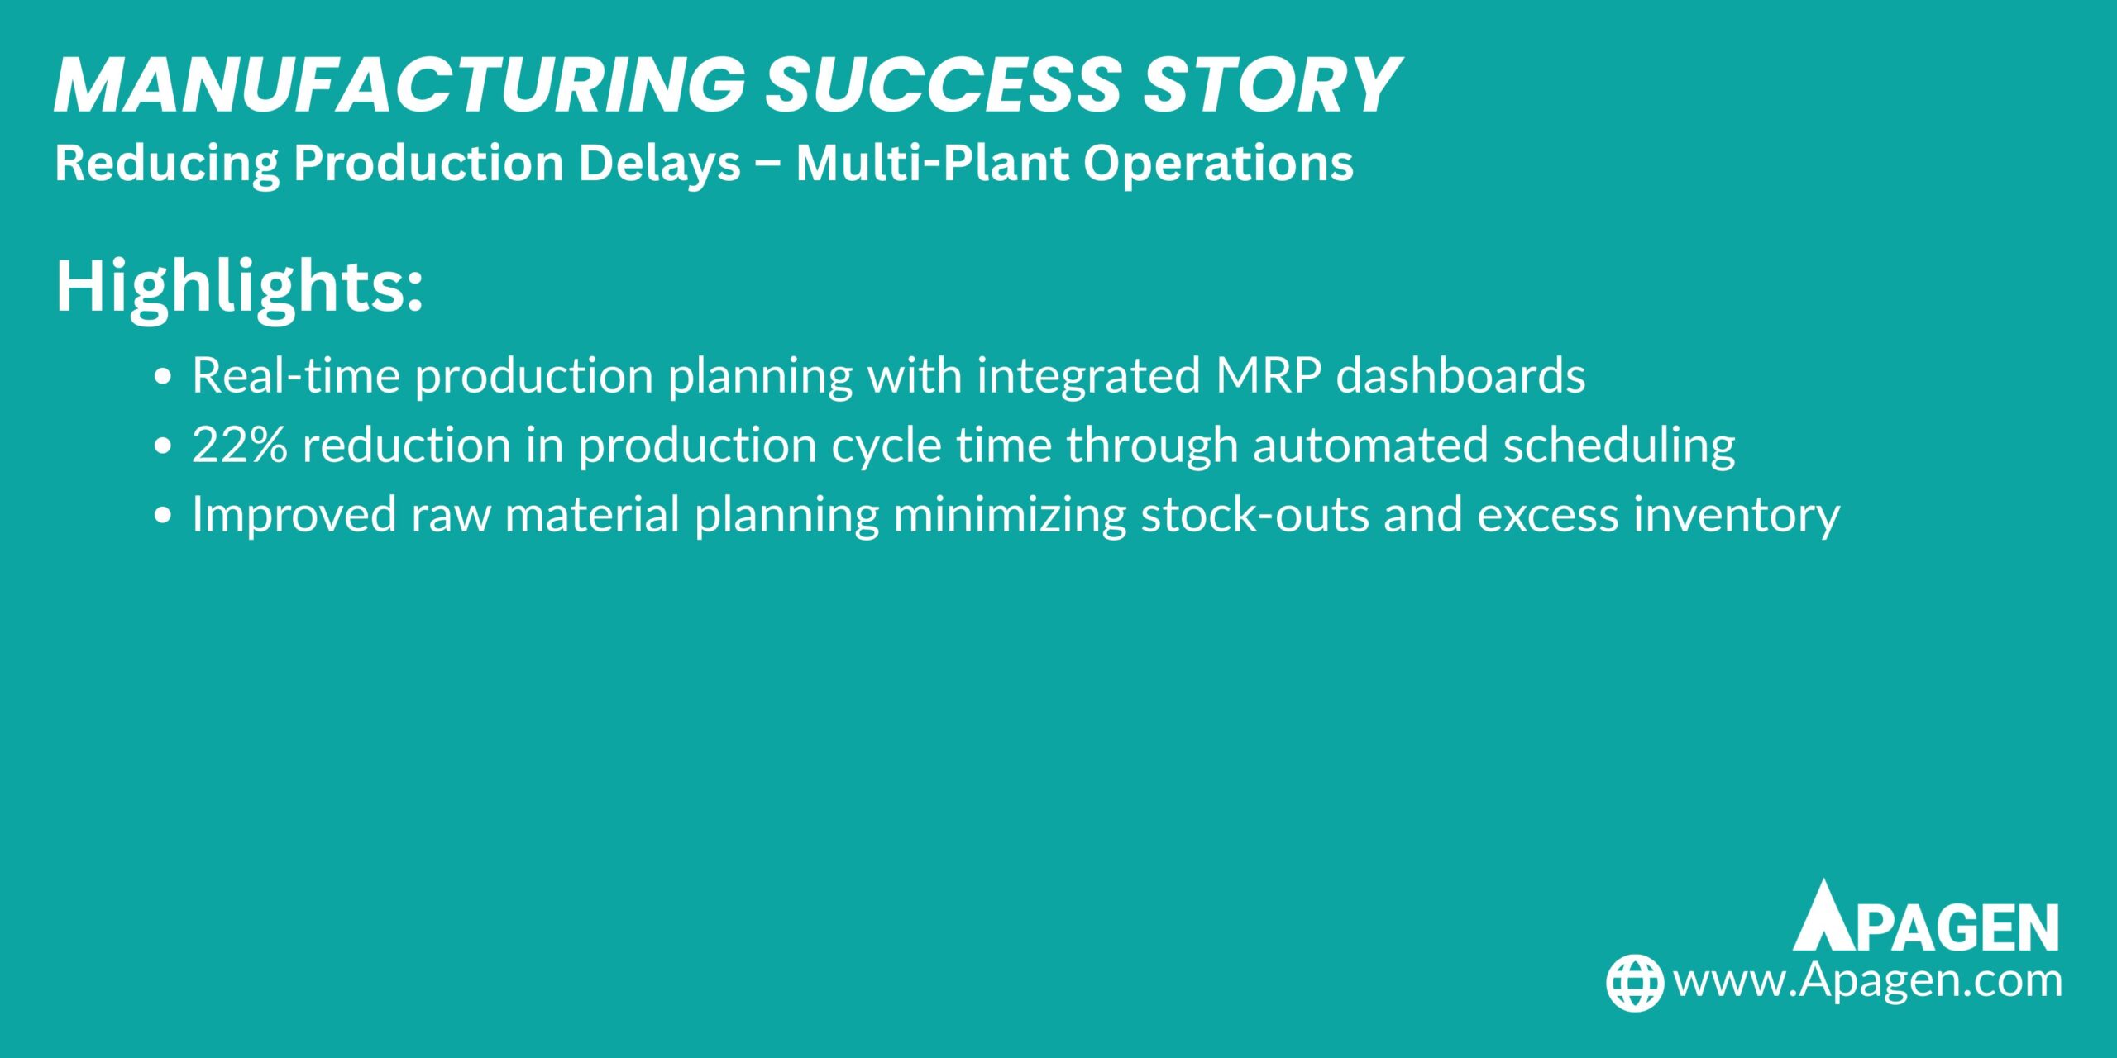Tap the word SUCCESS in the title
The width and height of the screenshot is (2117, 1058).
click(943, 85)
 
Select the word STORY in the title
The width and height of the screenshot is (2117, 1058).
click(1270, 85)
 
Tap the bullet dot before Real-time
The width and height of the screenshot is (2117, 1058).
click(163, 377)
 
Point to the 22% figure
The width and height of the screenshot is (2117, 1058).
click(240, 445)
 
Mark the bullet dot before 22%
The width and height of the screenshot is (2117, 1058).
click(163, 446)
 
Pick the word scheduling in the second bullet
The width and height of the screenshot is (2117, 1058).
click(1618, 445)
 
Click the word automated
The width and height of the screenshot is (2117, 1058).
click(1370, 445)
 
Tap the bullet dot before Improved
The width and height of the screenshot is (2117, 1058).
click(163, 516)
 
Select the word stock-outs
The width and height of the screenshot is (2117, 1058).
click(1255, 514)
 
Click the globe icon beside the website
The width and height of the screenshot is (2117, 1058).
click(1634, 983)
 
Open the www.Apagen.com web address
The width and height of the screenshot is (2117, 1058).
click(1867, 981)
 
